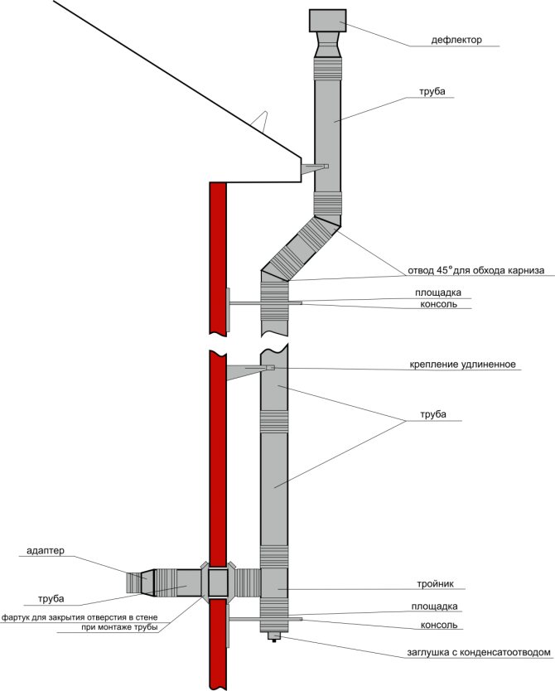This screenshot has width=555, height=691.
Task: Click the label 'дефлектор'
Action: coord(456,40)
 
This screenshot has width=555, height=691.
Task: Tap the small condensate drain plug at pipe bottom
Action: coord(273,635)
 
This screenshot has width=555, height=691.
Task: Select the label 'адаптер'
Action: coord(46,550)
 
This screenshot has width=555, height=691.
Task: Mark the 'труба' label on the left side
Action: coord(51,597)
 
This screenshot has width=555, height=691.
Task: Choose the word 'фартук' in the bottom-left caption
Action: coord(19,617)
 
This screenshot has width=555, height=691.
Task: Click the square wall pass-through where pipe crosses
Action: coord(218,582)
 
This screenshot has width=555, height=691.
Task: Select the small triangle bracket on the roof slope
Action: coord(263,121)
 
